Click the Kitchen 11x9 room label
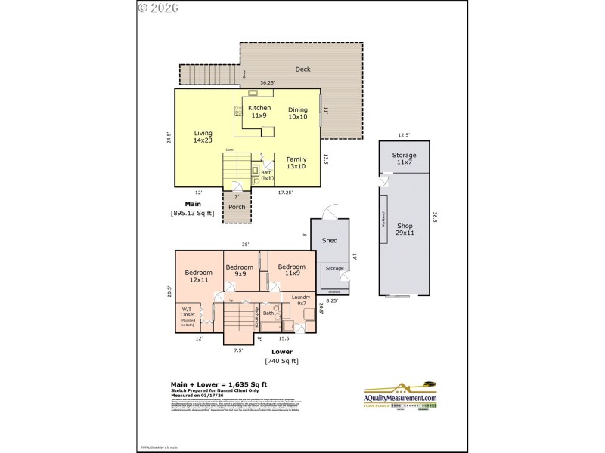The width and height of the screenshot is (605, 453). coord(259,112)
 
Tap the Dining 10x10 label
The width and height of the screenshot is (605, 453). coord(298,113)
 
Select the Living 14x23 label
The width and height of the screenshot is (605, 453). coord(203,136)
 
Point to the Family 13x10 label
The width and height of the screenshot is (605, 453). coord(296,162)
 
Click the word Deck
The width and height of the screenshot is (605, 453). coord(302,69)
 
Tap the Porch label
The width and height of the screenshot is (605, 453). coord(236,206)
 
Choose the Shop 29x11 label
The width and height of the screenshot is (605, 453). coord(405,229)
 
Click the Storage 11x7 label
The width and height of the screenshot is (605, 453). coord(404,159)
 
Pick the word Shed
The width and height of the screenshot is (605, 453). coord(330,241)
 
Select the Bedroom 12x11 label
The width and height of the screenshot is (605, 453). coord(199,276)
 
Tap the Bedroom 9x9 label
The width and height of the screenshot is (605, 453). coord(239,270)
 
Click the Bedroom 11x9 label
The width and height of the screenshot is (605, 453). coord(291,270)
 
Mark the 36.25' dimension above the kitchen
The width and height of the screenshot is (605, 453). coord(268,82)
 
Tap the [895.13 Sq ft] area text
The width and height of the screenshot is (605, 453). coord(192,213)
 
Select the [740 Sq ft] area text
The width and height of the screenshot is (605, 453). coord(281,361)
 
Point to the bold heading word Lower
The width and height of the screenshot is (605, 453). coord(281,351)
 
